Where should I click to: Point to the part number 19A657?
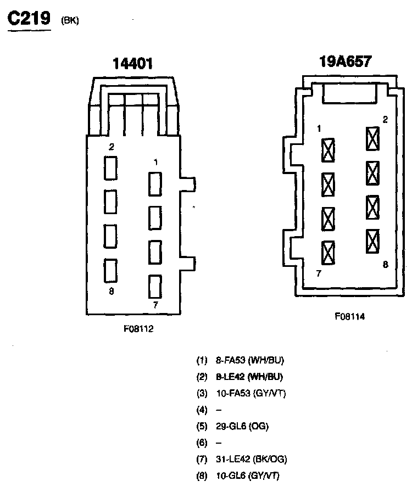coord(346,60)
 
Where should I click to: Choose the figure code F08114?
coord(350,316)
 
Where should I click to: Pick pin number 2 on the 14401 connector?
coord(112,147)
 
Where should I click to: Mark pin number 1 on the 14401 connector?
coord(156,162)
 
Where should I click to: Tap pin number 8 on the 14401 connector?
coord(112,292)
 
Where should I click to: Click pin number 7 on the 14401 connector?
coord(156,304)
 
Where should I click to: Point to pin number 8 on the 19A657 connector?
coord(385,264)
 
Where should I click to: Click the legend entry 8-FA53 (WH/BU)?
coord(250,361)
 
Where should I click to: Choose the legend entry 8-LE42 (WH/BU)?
coord(250,377)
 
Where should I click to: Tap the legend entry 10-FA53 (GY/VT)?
coord(250,393)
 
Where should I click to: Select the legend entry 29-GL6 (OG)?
coord(243,426)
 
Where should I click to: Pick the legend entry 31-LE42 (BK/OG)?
coord(251,459)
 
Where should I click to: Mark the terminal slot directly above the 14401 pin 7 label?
coord(155,286)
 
